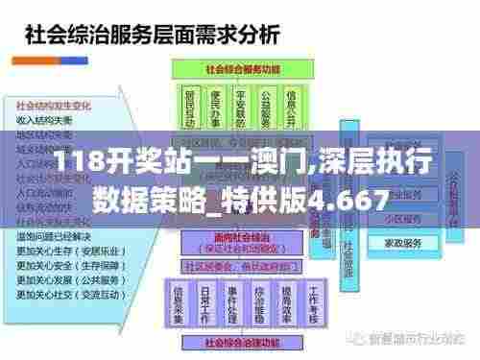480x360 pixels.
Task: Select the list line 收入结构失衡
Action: coord(45,119)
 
